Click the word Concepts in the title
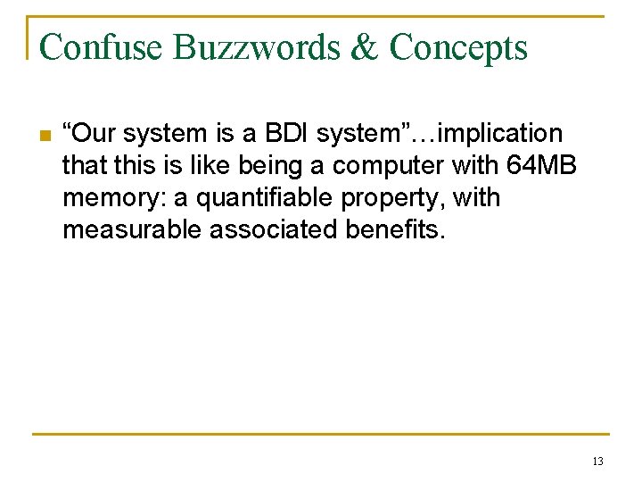tap(459, 46)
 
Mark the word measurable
tap(133, 230)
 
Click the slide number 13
tap(597, 461)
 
